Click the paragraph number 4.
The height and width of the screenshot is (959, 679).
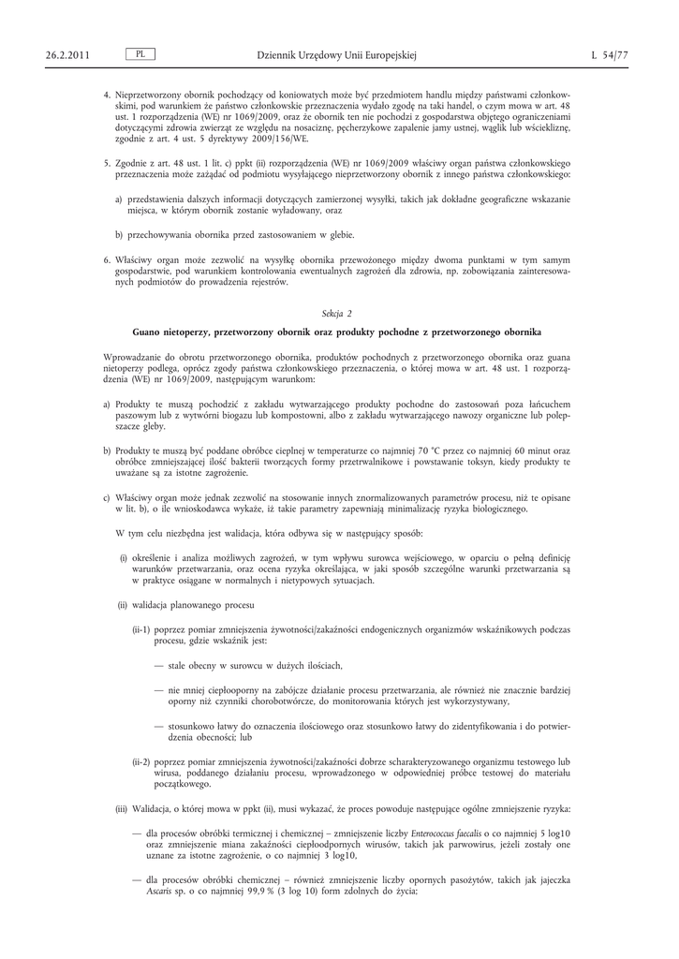107,96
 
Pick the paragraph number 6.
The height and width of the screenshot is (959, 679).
107,258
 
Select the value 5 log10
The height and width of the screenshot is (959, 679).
554,833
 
